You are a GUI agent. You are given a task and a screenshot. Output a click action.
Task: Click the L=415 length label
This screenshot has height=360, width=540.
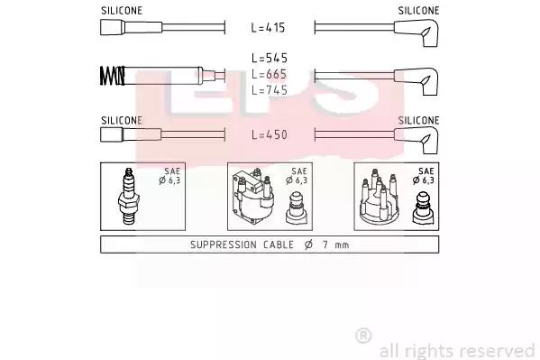[x=268, y=28]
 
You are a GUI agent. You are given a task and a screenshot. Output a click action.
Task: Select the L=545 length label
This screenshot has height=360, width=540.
[x=270, y=58]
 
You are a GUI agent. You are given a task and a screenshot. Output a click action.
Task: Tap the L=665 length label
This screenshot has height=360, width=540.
[x=270, y=74]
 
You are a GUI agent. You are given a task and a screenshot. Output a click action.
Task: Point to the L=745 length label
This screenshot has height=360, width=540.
[x=270, y=90]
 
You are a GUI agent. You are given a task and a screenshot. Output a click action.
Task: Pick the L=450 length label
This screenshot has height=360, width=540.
[x=270, y=134]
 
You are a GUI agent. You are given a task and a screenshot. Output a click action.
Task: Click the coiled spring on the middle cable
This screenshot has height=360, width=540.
[x=113, y=76]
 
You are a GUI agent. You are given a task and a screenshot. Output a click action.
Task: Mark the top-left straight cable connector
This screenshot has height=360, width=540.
[x=131, y=27]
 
